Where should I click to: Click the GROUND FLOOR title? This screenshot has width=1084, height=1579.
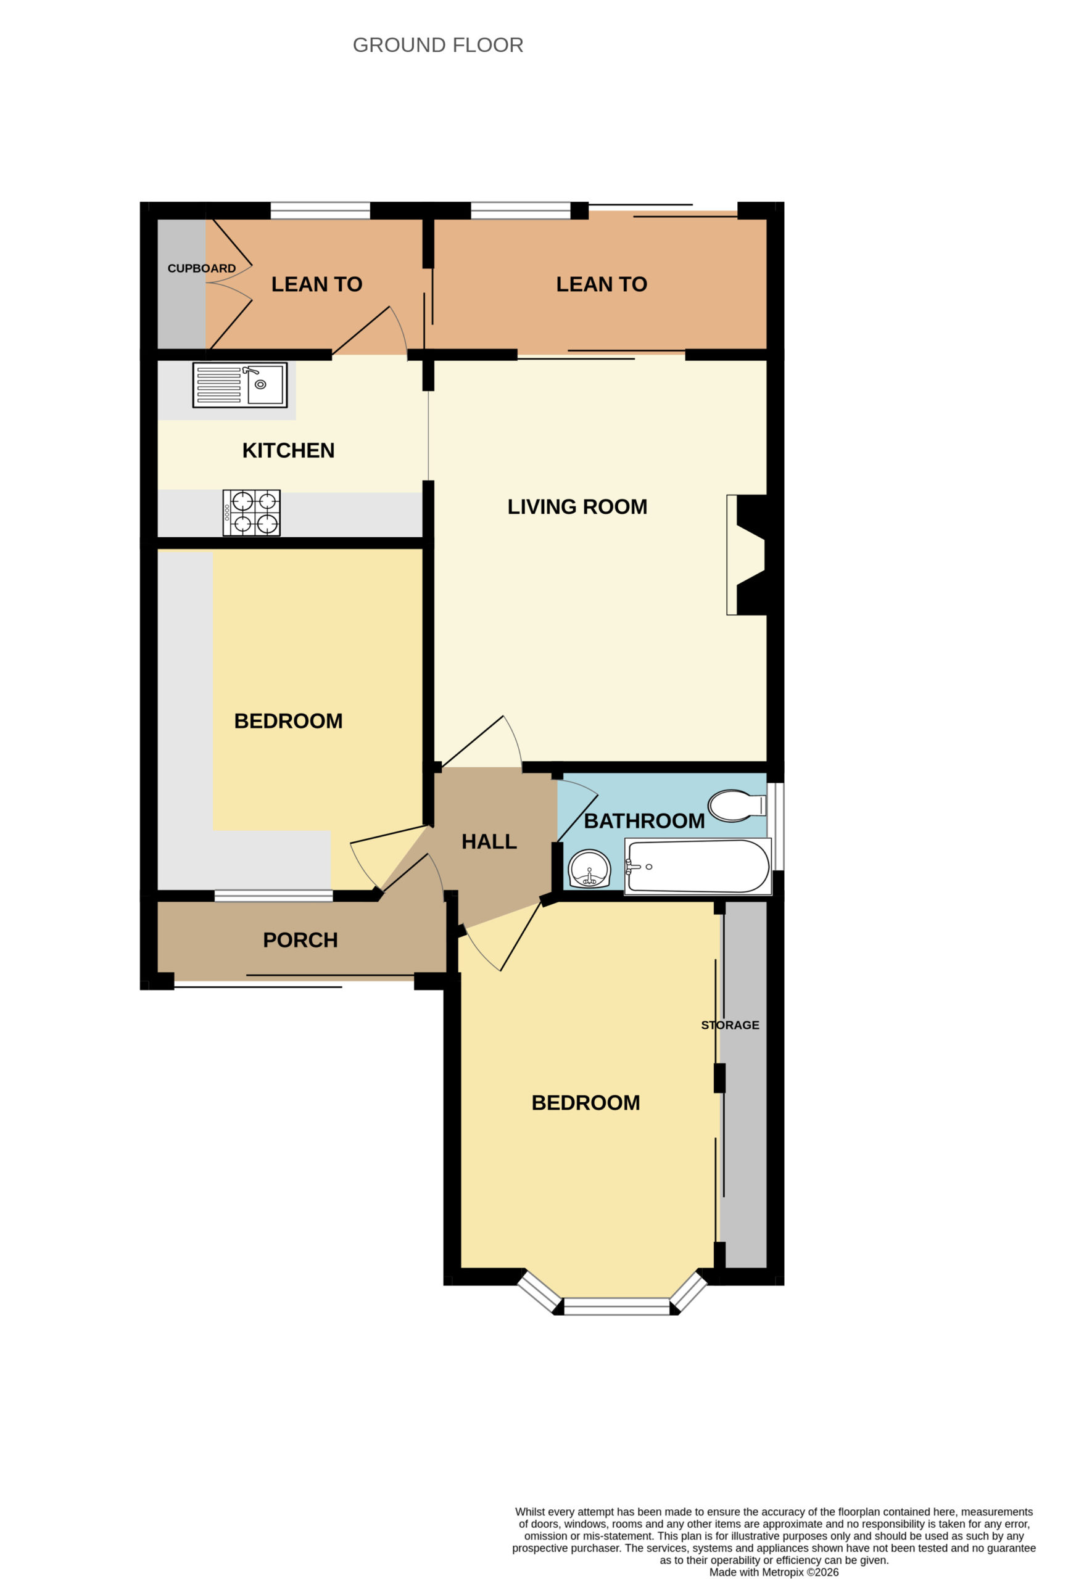click(x=437, y=45)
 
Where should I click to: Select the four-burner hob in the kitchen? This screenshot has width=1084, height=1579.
click(x=252, y=513)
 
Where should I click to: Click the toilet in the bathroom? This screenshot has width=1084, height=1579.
click(x=737, y=806)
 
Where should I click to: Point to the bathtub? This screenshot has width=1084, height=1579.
click(x=698, y=866)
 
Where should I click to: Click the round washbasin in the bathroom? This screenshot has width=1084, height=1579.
click(x=589, y=869)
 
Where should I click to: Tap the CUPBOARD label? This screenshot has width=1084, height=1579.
click(x=202, y=268)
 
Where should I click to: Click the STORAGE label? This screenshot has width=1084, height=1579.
click(x=730, y=1024)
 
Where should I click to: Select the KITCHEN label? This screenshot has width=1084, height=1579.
click(x=288, y=450)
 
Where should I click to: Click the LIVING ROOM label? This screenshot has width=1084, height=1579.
click(x=577, y=507)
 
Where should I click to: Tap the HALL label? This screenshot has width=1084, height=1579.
click(x=489, y=842)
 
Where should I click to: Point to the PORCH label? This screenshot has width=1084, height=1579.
click(x=300, y=941)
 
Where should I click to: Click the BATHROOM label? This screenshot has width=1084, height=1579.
click(x=644, y=821)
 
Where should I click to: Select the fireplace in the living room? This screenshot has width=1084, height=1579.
click(x=747, y=555)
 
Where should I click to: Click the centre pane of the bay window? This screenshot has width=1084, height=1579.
click(x=616, y=1306)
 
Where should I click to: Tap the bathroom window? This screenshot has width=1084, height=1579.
click(x=779, y=826)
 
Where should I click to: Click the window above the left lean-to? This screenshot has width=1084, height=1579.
click(x=320, y=210)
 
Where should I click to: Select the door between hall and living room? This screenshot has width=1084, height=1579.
click(x=482, y=744)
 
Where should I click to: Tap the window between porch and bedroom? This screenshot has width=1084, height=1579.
click(x=274, y=896)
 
